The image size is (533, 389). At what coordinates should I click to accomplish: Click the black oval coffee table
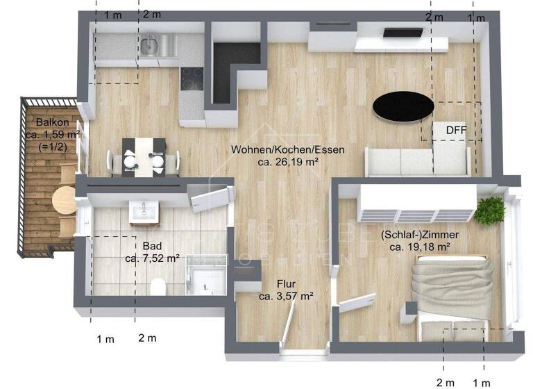403,107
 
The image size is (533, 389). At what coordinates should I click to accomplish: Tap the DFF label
455,129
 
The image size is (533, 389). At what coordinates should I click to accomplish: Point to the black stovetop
192,78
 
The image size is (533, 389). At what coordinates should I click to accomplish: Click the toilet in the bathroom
158,286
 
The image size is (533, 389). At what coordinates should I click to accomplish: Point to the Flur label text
287,283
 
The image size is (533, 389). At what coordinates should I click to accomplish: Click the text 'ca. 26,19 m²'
288,162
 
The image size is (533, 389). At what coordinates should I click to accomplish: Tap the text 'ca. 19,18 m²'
420,247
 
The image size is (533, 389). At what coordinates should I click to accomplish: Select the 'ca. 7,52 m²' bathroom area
152,258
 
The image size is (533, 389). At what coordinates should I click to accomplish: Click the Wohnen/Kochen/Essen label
288,149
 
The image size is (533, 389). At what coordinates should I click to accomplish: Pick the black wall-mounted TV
402,31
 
